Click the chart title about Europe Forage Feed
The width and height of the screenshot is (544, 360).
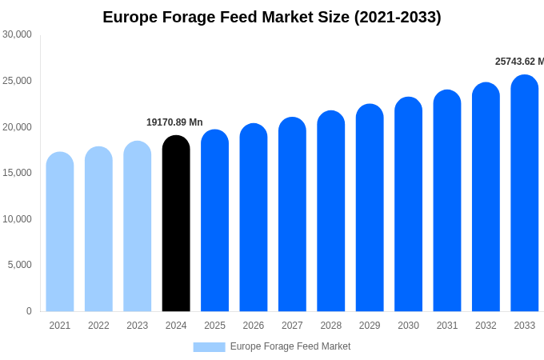click(x=272, y=17)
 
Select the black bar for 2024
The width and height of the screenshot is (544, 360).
click(x=176, y=224)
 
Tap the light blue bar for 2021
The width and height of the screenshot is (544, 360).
click(x=60, y=232)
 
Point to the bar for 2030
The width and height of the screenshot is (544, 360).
click(x=408, y=205)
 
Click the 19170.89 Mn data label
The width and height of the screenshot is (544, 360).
click(x=174, y=122)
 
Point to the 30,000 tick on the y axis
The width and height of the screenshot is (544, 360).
click(x=18, y=34)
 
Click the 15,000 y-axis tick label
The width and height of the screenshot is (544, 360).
click(x=18, y=173)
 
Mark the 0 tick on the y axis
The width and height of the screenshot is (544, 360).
click(x=29, y=311)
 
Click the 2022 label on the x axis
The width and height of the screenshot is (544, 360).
click(x=98, y=326)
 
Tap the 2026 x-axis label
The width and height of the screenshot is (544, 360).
click(x=254, y=326)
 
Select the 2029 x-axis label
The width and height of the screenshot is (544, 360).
click(x=370, y=326)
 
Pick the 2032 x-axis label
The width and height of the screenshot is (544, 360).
click(x=486, y=326)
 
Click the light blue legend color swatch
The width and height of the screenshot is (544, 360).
click(x=209, y=347)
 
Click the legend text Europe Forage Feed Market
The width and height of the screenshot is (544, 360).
click(x=290, y=346)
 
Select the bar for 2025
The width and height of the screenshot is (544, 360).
click(x=214, y=221)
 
